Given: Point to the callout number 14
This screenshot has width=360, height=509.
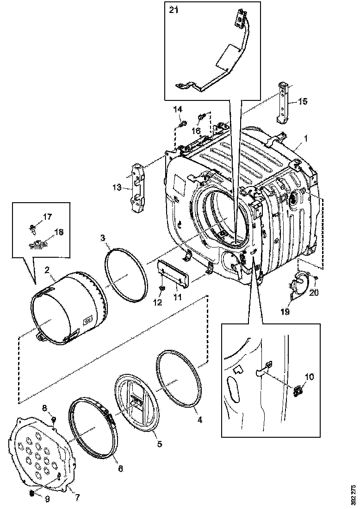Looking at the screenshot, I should pos(178,109).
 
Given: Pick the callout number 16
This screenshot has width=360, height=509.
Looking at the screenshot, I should pos(196,131).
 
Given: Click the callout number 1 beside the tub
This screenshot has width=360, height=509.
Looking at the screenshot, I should pos(305,138).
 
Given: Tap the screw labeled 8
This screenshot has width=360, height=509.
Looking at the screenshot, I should pos(54,419).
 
